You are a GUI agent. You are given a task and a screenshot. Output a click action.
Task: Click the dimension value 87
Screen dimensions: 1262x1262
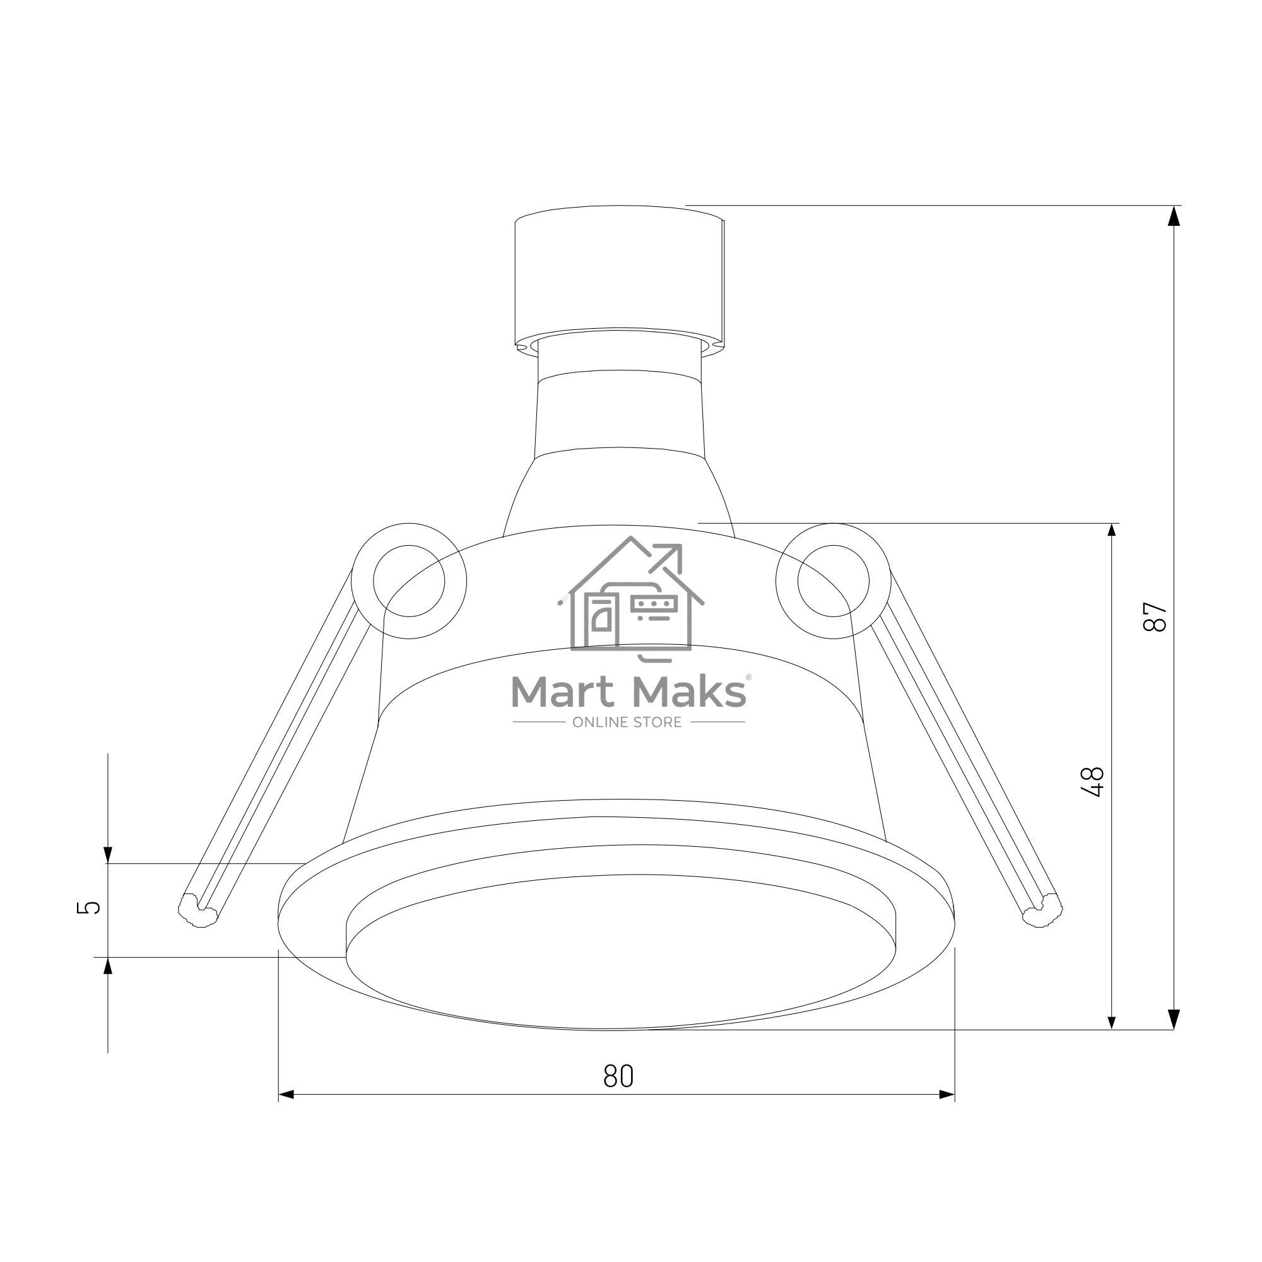pyautogui.click(x=1155, y=616)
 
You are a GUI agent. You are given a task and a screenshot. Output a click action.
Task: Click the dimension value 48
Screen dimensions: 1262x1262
pyautogui.click(x=1092, y=782)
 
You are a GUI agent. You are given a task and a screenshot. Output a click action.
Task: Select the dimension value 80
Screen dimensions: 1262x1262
pyautogui.click(x=618, y=1076)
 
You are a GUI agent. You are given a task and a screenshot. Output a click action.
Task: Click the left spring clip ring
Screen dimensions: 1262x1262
pyautogui.click(x=353, y=581)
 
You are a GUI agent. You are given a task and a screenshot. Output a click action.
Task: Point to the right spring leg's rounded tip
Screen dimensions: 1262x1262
pyautogui.click(x=1042, y=910)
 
